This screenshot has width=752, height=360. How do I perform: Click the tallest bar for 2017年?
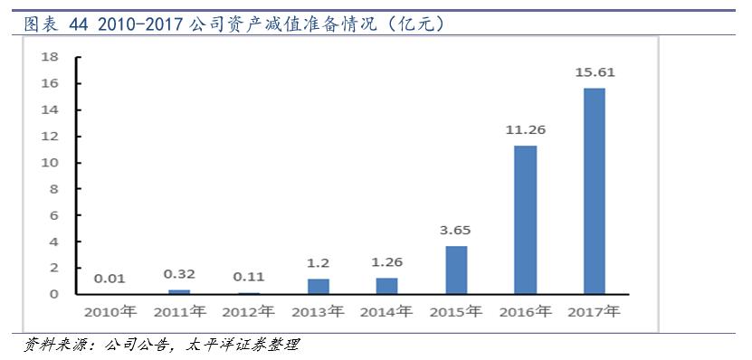coord(594,191)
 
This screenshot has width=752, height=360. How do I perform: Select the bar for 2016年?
coord(525,220)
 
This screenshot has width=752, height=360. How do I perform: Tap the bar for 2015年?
coord(456,270)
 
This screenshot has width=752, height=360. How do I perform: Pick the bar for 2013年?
coord(319,286)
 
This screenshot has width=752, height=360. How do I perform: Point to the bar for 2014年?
coord(387,286)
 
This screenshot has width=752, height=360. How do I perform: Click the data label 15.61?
coord(594,71)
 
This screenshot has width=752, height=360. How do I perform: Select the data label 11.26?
coord(525,129)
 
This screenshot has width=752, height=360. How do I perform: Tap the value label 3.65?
coord(456,230)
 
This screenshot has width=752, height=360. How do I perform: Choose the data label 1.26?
coord(387,261)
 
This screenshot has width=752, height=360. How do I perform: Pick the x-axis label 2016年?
coord(525,312)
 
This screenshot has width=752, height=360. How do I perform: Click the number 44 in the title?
coord(79,24)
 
